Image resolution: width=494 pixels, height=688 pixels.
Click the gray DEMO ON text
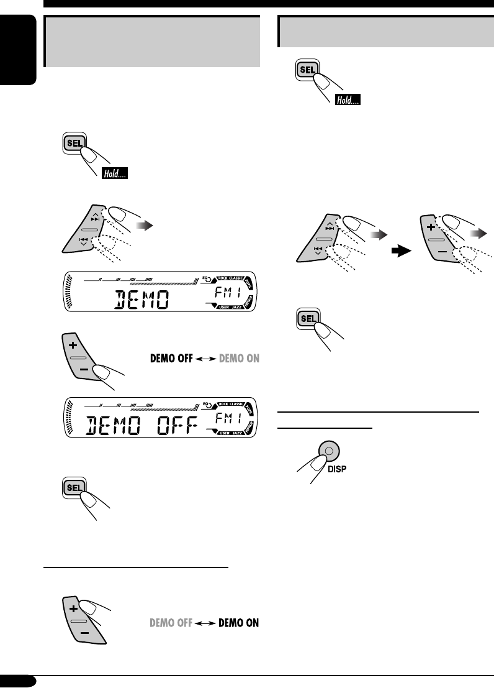[239, 358]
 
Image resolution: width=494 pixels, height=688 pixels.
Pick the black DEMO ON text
[239, 622]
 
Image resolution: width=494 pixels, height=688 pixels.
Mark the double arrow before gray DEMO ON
[209, 358]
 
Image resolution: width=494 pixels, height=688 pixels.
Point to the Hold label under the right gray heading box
[348, 99]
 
